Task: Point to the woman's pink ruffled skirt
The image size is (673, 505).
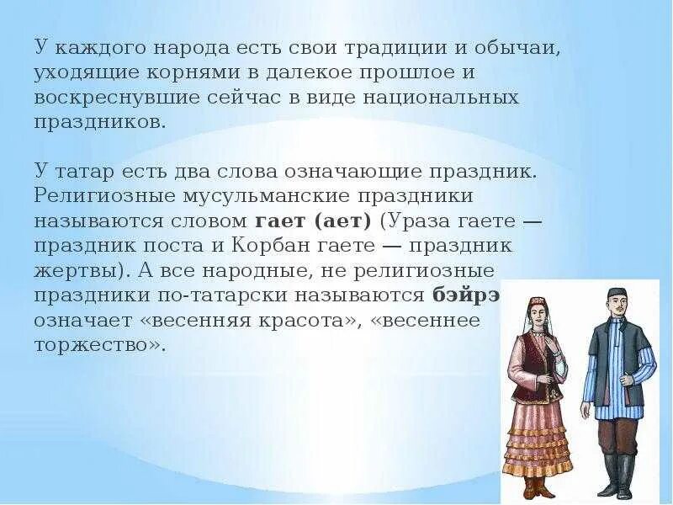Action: pos(535,438)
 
